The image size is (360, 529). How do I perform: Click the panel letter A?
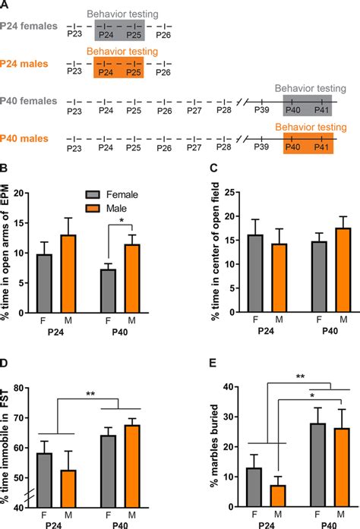tap(6, 5)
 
